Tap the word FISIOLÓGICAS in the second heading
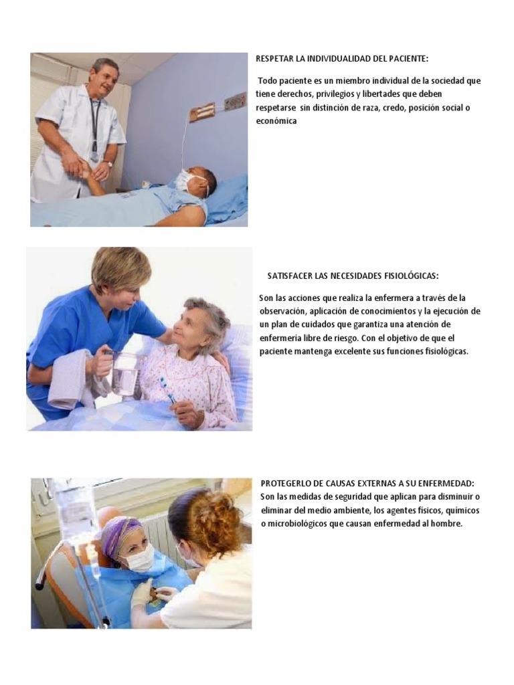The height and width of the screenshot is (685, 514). pyautogui.click(x=410, y=276)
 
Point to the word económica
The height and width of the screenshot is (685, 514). pyautogui.click(x=276, y=122)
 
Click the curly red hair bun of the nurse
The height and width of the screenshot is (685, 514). pyautogui.click(x=214, y=522)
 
